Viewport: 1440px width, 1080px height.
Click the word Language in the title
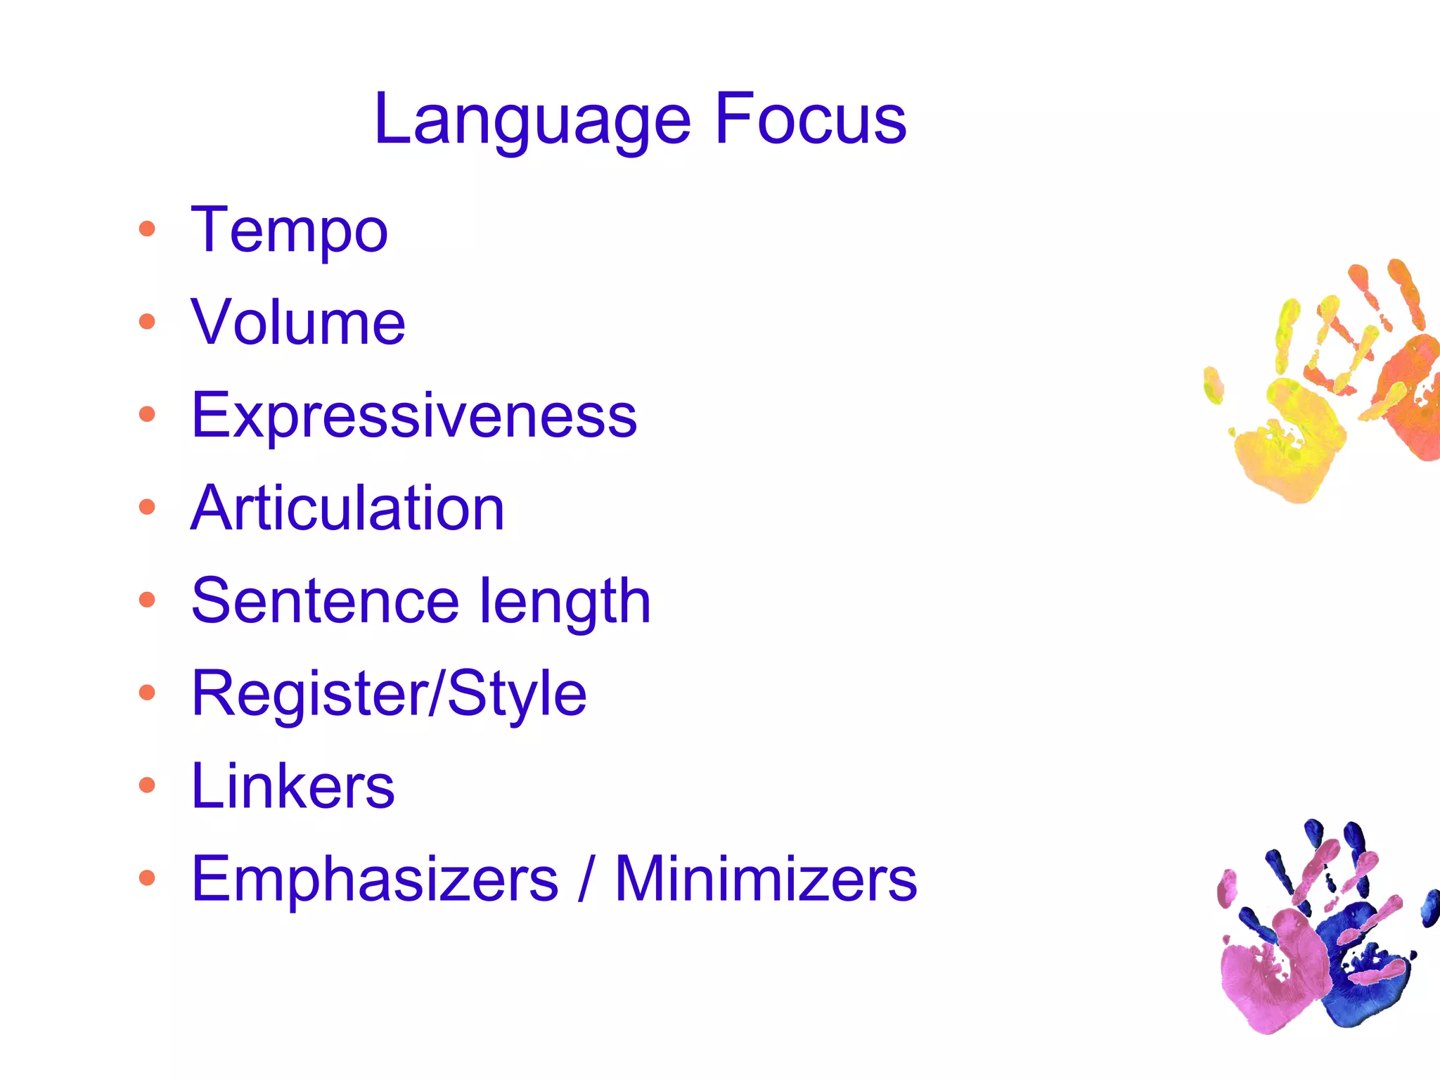[x=532, y=121]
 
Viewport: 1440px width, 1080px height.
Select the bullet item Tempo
[x=289, y=231]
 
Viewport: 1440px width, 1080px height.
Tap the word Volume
[x=298, y=323]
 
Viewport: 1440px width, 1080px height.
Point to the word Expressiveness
[x=414, y=416]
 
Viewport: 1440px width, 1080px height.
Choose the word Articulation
[x=347, y=508]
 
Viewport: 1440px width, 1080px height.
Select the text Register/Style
[x=389, y=695]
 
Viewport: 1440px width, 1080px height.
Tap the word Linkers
[x=292, y=786]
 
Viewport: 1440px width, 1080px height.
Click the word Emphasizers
[x=375, y=879]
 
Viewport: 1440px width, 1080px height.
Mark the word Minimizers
[x=766, y=879]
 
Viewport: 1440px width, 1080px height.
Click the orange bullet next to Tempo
[x=147, y=229]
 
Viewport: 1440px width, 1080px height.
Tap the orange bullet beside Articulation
[x=147, y=507]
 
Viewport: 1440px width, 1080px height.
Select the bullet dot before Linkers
[x=147, y=785]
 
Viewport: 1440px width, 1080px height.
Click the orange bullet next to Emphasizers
[x=147, y=877]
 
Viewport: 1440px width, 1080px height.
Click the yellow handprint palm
[x=1287, y=454]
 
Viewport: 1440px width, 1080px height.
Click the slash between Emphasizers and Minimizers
[x=585, y=879]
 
